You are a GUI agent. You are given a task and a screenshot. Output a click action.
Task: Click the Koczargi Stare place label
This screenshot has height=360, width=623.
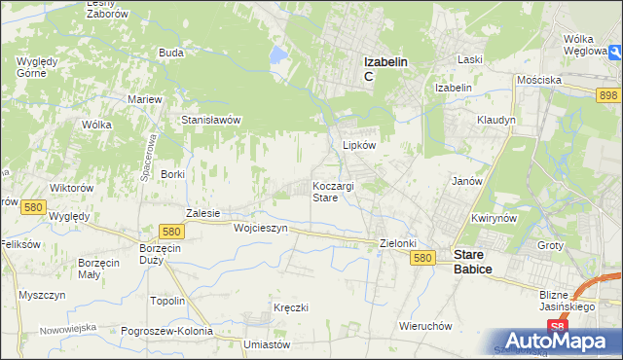338,191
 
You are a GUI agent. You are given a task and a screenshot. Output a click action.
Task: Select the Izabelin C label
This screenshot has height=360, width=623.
385,68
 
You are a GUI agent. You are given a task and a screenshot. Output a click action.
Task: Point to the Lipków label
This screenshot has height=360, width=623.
359,145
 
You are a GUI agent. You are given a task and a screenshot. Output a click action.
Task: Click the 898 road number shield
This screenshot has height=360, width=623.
608,93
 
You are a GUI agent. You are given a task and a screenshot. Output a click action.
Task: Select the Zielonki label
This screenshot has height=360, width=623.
398,243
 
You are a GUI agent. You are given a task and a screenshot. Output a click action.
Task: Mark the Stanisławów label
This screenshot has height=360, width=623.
211,121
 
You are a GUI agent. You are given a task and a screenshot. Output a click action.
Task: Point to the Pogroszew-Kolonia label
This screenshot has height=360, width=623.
166,331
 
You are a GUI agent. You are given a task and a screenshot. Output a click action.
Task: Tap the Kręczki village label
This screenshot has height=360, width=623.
291,307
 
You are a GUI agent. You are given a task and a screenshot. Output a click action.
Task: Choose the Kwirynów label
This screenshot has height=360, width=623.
492,218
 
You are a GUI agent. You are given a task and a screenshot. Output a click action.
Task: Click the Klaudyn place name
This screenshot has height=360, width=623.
496,120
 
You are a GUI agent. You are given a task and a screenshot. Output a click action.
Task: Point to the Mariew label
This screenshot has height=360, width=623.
145,99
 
